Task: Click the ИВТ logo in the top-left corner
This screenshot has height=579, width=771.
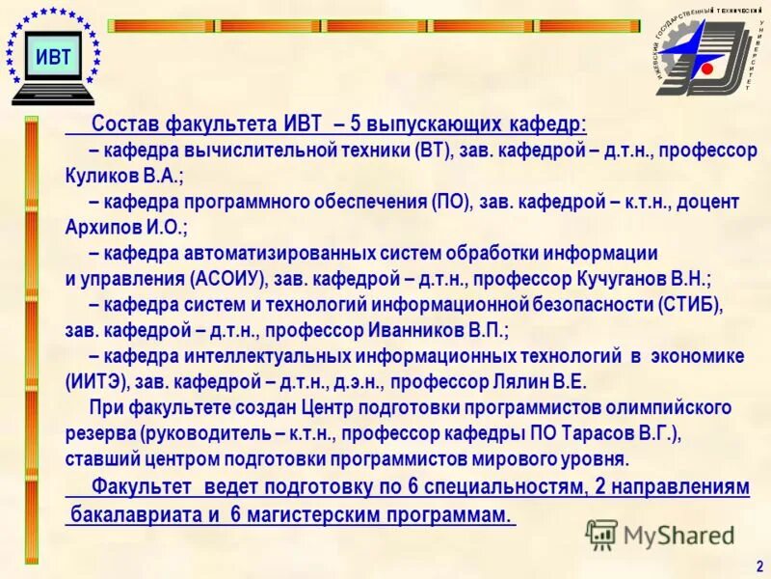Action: click(x=53, y=55)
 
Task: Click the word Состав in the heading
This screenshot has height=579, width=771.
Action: click(x=126, y=125)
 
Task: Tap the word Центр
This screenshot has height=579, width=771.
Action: click(x=328, y=406)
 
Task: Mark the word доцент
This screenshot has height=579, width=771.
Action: click(x=705, y=203)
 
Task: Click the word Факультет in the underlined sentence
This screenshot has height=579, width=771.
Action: click(x=142, y=486)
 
